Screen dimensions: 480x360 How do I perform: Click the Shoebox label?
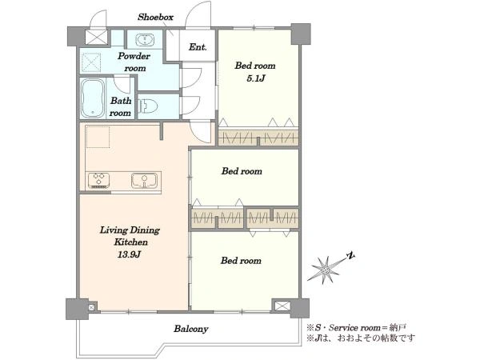(155, 17)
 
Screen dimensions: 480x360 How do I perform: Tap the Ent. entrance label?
(198, 47)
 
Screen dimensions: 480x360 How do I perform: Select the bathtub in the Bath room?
(93, 98)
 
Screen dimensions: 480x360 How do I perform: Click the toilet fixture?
(148, 106)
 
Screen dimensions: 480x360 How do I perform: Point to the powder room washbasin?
(144, 40)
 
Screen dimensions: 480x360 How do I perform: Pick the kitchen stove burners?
(98, 180)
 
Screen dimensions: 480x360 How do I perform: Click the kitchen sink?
(144, 180)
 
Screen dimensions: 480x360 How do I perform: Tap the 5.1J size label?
(255, 78)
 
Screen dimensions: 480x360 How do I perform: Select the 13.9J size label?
(129, 254)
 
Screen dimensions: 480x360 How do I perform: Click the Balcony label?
(191, 329)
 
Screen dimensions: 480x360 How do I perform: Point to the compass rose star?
(325, 270)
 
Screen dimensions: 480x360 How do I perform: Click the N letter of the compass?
(350, 255)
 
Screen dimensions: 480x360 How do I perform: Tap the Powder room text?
(134, 62)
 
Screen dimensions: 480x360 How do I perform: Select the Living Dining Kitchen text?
(130, 236)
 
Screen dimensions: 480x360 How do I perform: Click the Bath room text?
(121, 106)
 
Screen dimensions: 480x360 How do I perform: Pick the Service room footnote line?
(357, 328)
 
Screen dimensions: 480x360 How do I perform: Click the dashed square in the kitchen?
(98, 137)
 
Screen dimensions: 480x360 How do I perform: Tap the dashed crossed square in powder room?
(91, 62)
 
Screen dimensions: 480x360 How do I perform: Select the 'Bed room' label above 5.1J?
(255, 66)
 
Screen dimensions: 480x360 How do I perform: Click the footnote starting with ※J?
(362, 338)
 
